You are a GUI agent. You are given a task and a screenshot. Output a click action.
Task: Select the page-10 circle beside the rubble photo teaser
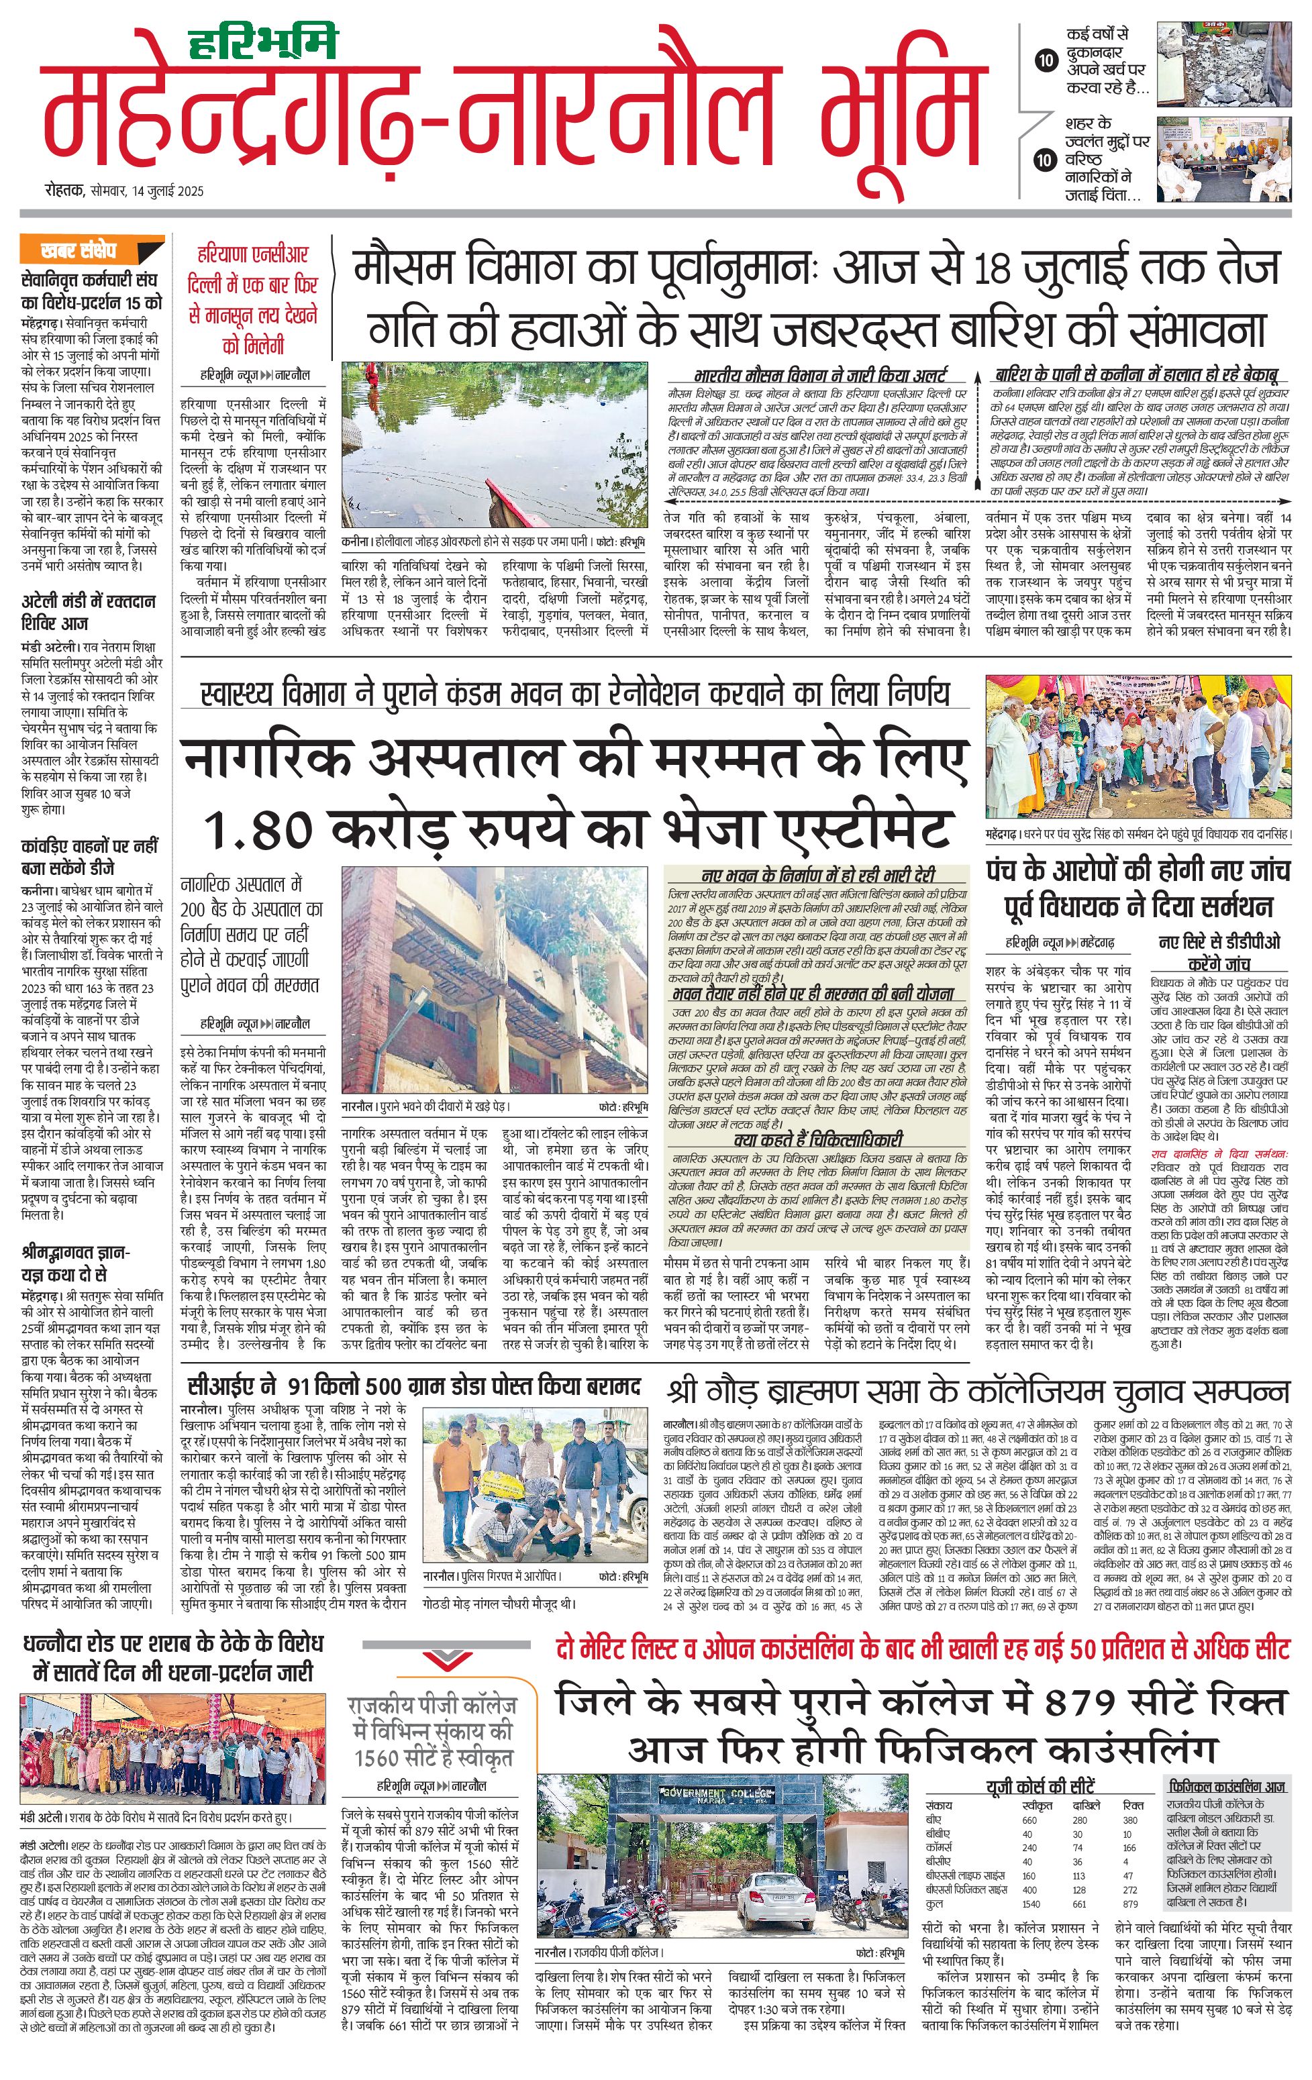click(1046, 60)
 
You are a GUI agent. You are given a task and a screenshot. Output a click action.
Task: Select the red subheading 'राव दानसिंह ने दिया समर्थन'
click(1219, 1154)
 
